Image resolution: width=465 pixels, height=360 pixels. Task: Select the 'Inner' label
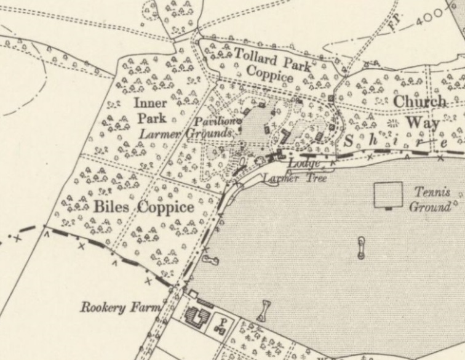pos(150,103)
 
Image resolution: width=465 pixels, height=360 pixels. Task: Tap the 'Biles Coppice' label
pos(144,207)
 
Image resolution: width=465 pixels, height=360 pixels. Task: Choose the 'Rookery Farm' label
pos(120,306)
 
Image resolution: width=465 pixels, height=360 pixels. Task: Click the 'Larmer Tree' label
pos(287,179)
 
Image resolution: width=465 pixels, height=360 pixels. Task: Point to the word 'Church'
pos(419,102)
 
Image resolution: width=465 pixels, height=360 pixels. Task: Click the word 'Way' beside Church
pos(423,122)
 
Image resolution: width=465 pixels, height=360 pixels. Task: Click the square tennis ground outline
pos(388,195)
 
